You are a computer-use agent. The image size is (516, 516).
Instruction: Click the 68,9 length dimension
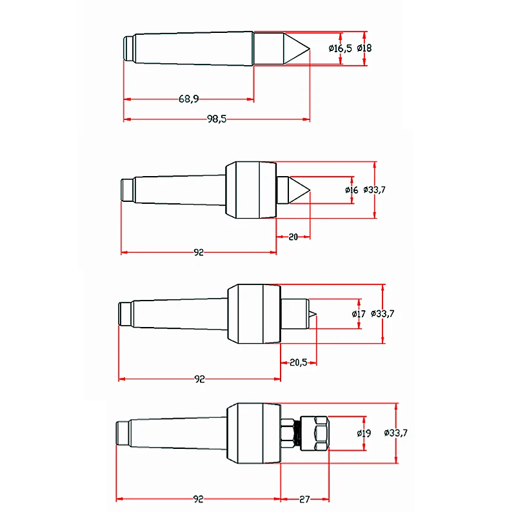click(188, 99)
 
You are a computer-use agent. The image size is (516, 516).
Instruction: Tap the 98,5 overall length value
click(217, 119)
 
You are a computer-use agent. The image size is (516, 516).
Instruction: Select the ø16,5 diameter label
click(341, 48)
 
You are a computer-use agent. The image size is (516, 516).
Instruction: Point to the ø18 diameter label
click(364, 48)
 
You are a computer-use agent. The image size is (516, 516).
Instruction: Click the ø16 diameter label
click(352, 190)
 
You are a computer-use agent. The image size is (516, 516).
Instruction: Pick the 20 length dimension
click(293, 237)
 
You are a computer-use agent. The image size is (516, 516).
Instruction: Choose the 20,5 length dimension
click(299, 362)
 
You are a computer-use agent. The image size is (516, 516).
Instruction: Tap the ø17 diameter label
click(359, 314)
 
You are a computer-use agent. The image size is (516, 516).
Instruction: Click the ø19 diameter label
click(364, 433)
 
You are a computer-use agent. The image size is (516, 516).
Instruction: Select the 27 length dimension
click(304, 499)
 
